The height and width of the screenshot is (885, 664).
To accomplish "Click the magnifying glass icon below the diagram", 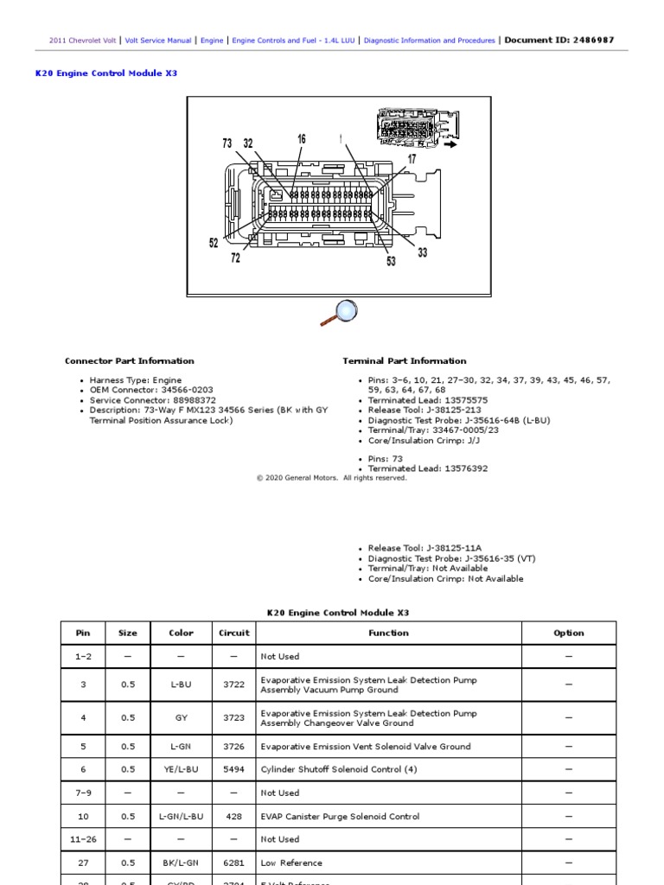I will tap(339, 312).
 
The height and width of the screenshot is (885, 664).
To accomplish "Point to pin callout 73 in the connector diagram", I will tap(227, 143).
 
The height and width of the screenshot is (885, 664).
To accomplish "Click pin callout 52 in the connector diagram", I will tap(214, 244).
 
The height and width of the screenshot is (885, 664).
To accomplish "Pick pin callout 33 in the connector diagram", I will tap(422, 252).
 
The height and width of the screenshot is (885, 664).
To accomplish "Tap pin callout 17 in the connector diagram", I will tap(412, 159).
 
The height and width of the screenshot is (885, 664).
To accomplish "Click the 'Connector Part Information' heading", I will tap(130, 361).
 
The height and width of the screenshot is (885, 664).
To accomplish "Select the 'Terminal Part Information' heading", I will tap(404, 361).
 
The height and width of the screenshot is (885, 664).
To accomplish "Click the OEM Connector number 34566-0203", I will tap(183, 391).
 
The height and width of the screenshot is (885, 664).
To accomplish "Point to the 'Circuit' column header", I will tap(233, 633).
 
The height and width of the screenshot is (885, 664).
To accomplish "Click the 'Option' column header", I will tap(569, 633).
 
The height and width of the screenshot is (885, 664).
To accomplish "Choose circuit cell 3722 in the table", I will tap(233, 684).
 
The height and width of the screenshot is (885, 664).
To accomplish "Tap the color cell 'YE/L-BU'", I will tap(181, 769).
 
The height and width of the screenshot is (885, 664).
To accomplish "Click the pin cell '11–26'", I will tap(83, 839).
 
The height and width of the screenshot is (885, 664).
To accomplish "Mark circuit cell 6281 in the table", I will tap(233, 863).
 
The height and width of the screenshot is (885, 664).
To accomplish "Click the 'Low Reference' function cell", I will tap(291, 863).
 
